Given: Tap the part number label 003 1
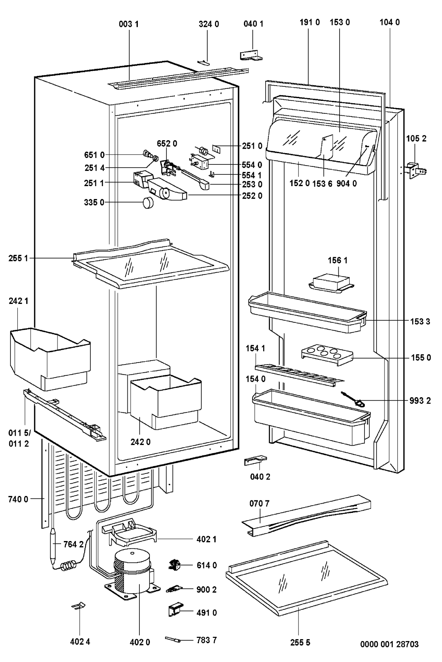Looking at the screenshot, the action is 129,24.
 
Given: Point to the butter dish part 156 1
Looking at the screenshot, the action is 331,284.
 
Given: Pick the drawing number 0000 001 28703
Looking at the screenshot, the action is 389,644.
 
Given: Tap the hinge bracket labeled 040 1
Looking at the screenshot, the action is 251,55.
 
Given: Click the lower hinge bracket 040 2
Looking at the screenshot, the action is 255,460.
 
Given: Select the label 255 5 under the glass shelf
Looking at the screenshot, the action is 300,642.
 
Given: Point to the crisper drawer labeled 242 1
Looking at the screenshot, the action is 51,359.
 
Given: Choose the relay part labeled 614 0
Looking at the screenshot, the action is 174,565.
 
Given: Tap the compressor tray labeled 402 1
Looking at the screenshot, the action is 129,533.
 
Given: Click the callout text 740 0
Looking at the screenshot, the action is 18,499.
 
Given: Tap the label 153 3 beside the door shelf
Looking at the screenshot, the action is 420,322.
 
